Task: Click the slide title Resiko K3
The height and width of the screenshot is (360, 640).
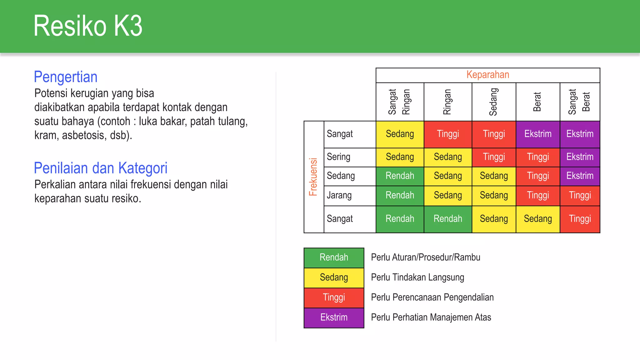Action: tap(88, 26)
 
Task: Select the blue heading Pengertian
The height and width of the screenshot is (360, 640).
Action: tap(66, 77)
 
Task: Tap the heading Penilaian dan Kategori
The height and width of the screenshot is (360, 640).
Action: tap(101, 168)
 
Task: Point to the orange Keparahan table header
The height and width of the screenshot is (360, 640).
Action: tap(487, 75)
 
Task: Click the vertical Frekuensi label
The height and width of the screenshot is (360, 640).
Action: tap(313, 177)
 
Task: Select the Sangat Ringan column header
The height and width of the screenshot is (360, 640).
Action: tap(399, 102)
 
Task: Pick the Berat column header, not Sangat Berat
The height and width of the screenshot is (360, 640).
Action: tap(537, 102)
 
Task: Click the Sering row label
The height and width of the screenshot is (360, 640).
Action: tap(338, 157)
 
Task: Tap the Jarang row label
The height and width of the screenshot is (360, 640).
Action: tap(339, 196)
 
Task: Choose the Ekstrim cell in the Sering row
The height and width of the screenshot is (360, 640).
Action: tap(580, 157)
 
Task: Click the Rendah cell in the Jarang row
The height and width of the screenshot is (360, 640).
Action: tap(400, 196)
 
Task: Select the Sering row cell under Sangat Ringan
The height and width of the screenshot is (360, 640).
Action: tap(400, 157)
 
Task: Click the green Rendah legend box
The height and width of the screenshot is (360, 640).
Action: tap(334, 257)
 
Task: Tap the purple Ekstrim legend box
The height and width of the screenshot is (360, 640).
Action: tap(334, 317)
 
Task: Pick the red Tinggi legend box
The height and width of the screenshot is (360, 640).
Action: tap(334, 297)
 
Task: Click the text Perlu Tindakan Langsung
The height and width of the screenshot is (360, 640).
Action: tap(417, 277)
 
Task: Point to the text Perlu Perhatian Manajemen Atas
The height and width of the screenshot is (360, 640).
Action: tap(431, 317)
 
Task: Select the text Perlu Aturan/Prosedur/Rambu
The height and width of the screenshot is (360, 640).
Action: tap(426, 257)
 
